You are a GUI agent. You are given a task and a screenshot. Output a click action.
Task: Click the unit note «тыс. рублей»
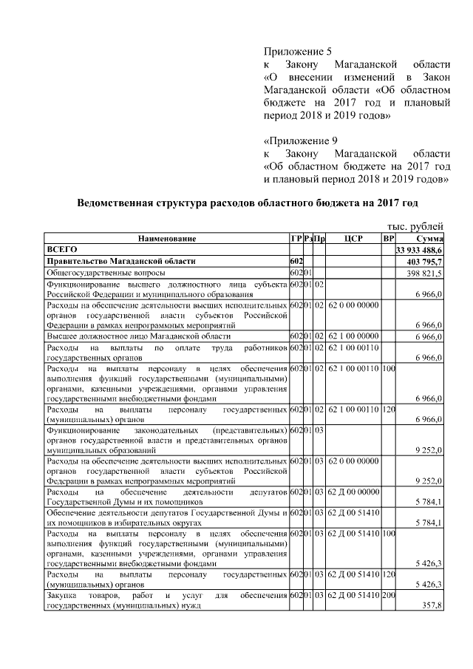click(416, 227)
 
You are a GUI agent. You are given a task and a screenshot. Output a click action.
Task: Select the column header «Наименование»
click(166, 239)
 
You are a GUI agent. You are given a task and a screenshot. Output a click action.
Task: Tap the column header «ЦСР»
click(353, 239)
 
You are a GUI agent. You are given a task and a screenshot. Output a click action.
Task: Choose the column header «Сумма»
click(429, 239)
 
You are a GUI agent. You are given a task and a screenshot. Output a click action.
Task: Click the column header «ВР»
click(389, 239)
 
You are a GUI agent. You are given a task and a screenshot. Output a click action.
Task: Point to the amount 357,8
click(432, 606)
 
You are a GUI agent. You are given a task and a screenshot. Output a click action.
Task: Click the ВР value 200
click(389, 596)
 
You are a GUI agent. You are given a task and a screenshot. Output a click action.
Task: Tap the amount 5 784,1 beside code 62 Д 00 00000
click(429, 503)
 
